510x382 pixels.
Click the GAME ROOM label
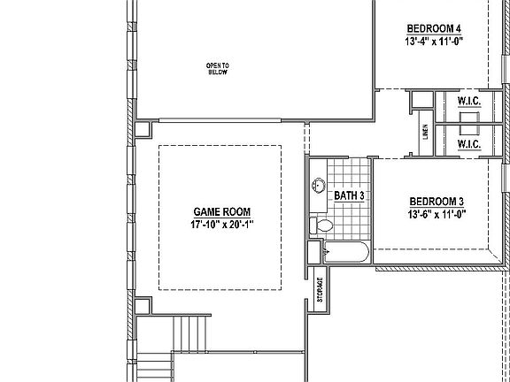[221, 212]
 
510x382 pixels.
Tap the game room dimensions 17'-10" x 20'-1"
[221, 225]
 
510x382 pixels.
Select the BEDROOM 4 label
[433, 27]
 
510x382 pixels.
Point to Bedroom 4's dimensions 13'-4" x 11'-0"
[433, 41]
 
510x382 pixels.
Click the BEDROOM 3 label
[437, 201]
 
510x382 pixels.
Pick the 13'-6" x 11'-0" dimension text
[437, 214]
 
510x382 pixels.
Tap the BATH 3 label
[349, 195]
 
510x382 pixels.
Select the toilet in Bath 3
[322, 226]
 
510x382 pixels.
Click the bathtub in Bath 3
[345, 255]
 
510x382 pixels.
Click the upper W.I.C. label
[469, 103]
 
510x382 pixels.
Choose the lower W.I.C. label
[469, 143]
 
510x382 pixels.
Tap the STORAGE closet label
[320, 290]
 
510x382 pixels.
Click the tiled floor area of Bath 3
[350, 172]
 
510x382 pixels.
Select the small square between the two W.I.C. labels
[469, 123]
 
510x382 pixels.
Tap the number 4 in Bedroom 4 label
[458, 27]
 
